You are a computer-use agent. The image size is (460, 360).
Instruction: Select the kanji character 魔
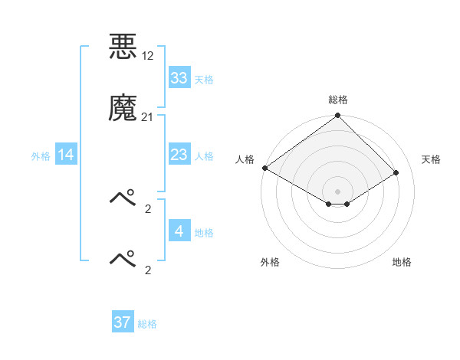(123, 108)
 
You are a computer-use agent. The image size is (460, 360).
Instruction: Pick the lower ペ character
(123, 259)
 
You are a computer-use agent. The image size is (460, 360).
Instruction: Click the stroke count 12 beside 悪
(148, 57)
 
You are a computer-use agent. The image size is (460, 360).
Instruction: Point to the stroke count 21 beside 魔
(147, 116)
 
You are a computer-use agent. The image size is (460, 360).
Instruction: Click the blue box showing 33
(179, 78)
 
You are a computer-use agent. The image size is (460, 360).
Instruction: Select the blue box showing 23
(179, 155)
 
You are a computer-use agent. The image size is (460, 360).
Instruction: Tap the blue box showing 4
(179, 231)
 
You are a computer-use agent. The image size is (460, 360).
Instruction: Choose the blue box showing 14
(66, 155)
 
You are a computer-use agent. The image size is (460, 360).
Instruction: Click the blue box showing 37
(122, 322)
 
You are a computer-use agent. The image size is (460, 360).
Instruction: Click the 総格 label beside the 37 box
(147, 324)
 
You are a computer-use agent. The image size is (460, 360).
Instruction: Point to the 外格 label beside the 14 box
(41, 155)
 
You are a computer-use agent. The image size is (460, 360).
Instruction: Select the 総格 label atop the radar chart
(338, 100)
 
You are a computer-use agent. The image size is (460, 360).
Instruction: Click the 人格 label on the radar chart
(245, 159)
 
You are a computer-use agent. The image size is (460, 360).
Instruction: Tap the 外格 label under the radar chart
(270, 263)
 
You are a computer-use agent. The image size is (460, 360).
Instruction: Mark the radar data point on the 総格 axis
(338, 116)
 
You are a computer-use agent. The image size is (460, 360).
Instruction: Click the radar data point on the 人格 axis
(264, 168)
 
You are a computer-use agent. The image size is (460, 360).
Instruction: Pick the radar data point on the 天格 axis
(396, 172)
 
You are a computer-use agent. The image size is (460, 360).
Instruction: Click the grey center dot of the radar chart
(338, 191)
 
